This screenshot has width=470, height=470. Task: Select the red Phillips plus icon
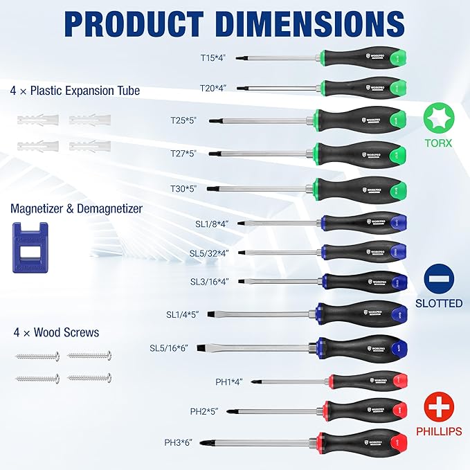point(439,406)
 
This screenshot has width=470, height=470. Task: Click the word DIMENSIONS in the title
point(293,24)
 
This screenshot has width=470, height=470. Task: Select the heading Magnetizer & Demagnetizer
point(77,208)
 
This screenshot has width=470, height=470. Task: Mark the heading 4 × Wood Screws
point(55,332)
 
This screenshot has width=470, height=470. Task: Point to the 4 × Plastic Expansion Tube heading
point(75,91)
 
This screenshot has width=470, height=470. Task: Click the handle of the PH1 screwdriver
point(367,381)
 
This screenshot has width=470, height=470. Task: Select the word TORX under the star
point(438,143)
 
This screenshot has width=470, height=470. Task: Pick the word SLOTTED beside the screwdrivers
point(439,303)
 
